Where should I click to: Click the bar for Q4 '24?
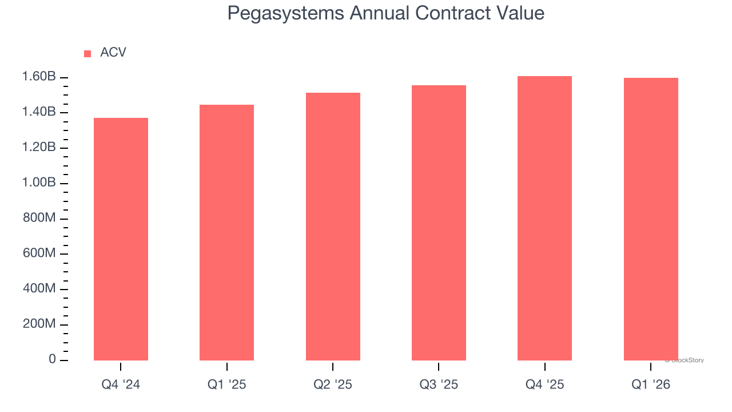click(x=121, y=239)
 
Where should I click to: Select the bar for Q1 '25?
click(x=226, y=232)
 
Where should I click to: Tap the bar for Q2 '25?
click(x=333, y=227)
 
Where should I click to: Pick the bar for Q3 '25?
click(x=439, y=223)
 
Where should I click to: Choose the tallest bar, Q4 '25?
click(x=544, y=218)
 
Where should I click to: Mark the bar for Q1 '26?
click(x=650, y=219)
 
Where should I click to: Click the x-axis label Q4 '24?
click(x=121, y=385)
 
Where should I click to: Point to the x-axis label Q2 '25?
click(x=333, y=385)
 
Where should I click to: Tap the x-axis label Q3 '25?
click(x=439, y=385)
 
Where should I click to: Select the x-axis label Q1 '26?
click(x=650, y=385)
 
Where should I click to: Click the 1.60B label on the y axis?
click(x=39, y=77)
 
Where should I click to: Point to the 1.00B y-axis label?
click(x=39, y=183)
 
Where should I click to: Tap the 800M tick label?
click(x=39, y=218)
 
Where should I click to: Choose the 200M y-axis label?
click(x=39, y=324)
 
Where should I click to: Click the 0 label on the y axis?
click(x=52, y=359)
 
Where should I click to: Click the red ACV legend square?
click(x=87, y=53)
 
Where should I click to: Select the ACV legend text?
click(x=113, y=53)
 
